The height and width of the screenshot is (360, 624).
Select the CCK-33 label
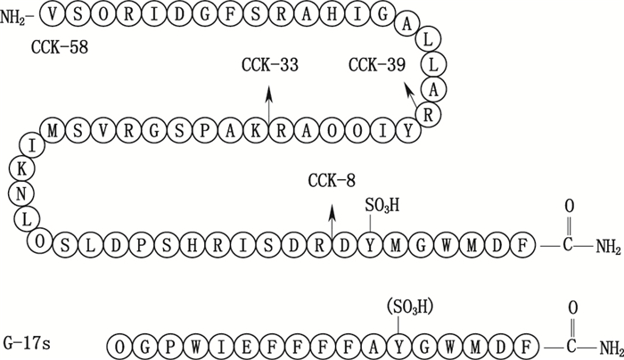tap(269, 65)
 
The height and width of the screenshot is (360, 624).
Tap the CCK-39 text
tap(377, 65)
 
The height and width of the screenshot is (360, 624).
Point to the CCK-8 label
tap(332, 181)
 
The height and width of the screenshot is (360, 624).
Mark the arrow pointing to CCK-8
tap(332, 218)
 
